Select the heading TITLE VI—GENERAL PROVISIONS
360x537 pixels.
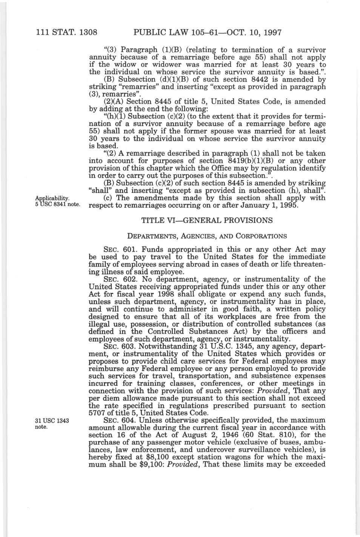[206, 220]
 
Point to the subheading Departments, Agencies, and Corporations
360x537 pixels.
[207, 236]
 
